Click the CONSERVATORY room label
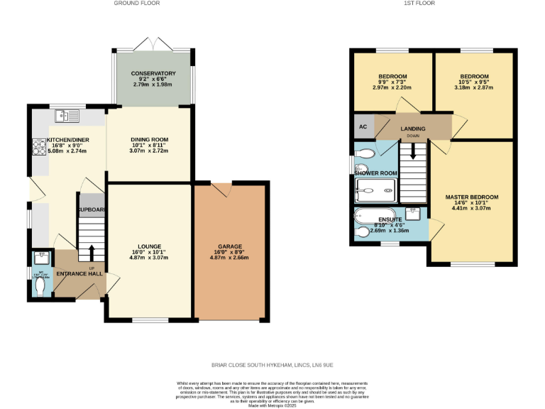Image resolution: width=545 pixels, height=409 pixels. tap(153, 73)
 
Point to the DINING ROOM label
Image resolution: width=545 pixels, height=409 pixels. tap(148, 140)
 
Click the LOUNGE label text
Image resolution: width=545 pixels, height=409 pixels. tap(149, 246)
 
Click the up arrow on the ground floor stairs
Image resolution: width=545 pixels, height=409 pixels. tap(91, 250)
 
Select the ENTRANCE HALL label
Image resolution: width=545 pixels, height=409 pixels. tap(78, 274)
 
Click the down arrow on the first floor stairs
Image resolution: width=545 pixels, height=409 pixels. tap(412, 151)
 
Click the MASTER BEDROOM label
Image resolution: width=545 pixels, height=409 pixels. tap(471, 197)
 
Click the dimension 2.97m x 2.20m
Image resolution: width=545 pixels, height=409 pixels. tap(392, 87)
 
